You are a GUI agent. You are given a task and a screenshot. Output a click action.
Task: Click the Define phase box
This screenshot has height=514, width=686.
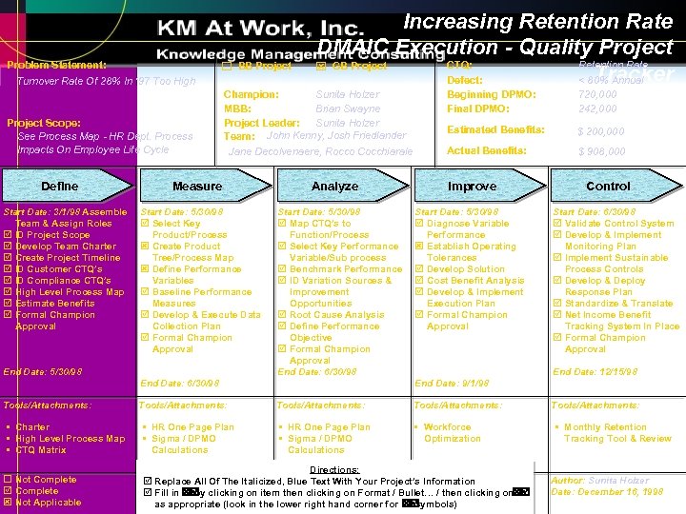tap(60, 186)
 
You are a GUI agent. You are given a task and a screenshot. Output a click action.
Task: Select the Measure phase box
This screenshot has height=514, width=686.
tap(197, 186)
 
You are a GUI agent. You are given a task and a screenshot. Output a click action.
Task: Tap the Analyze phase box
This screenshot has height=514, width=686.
tap(334, 186)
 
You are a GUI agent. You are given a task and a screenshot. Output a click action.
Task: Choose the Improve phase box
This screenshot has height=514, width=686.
tap(472, 186)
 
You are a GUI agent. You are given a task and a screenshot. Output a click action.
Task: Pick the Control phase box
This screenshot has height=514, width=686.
tap(608, 186)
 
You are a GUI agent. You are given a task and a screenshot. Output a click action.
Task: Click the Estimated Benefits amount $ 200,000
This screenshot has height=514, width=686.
tap(601, 131)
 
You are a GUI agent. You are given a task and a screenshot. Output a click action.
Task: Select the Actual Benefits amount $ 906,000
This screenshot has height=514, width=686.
tap(601, 151)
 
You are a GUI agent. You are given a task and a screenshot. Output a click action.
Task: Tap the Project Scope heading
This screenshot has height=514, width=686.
tap(44, 123)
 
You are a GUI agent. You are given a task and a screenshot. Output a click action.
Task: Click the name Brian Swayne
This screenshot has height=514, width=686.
tap(347, 109)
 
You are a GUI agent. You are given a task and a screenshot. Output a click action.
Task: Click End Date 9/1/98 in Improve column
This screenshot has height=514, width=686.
tap(452, 383)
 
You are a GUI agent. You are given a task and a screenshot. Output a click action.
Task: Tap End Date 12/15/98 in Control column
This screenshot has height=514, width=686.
tap(590, 372)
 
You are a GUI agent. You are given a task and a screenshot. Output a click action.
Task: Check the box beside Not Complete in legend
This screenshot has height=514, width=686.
tap(8, 480)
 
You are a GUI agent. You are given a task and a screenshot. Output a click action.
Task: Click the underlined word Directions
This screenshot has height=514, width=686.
tap(334, 469)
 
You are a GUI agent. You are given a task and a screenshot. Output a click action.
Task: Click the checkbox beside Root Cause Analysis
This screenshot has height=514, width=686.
tap(282, 315)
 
